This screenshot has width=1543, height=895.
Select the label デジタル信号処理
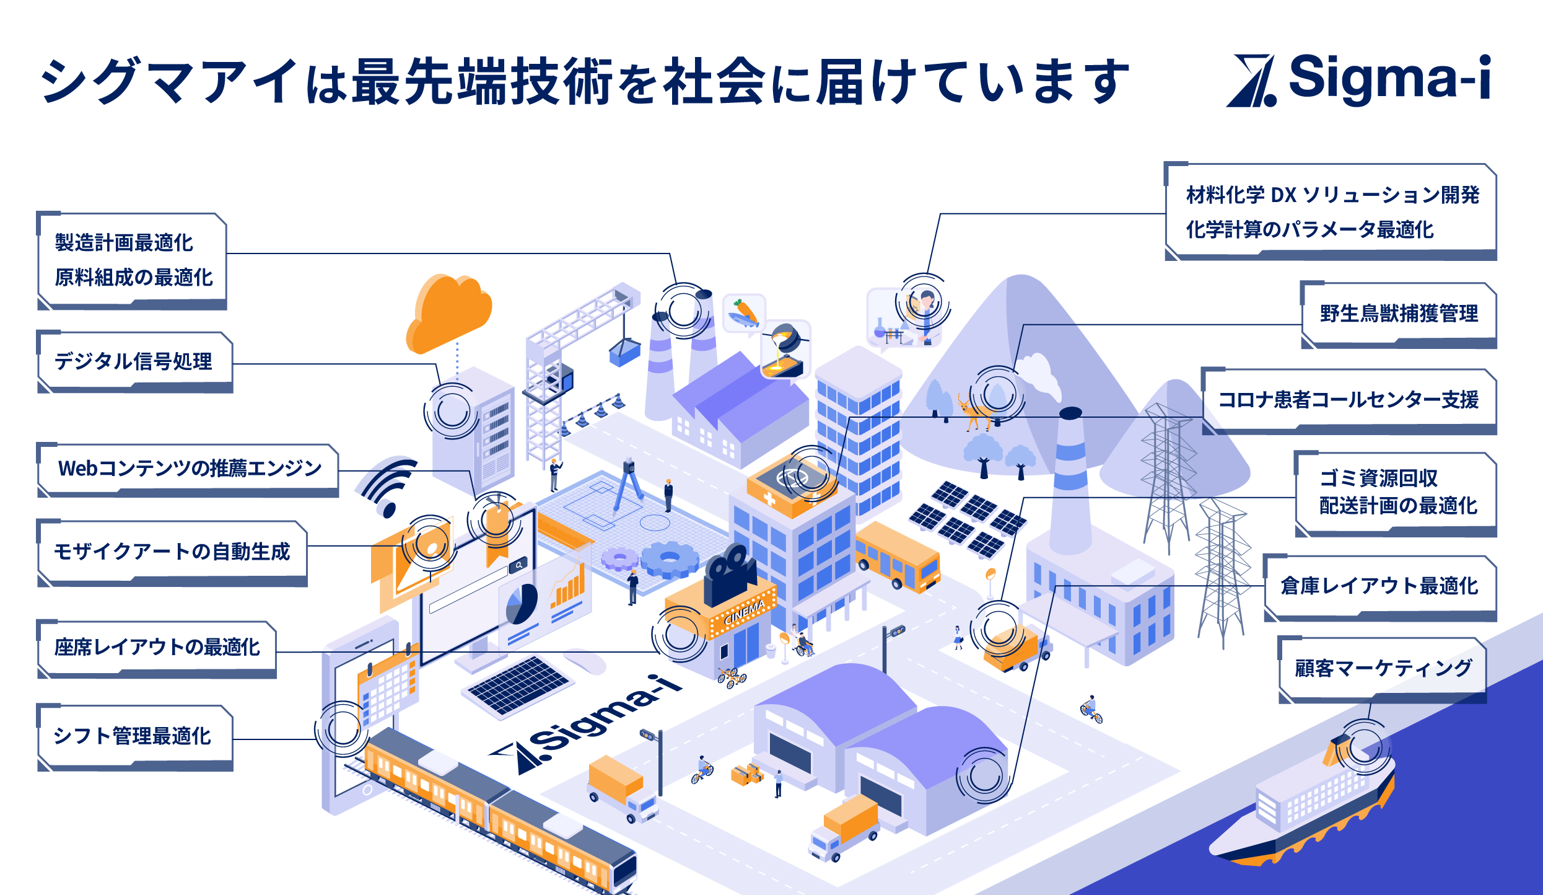[134, 361]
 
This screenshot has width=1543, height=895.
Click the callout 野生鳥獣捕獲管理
[1398, 314]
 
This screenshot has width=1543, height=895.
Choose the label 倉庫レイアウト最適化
[1379, 586]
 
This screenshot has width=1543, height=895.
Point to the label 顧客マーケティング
[1383, 668]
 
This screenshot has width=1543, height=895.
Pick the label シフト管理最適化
[133, 736]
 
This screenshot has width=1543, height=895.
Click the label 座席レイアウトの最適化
[157, 647]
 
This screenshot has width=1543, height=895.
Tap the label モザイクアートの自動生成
[172, 552]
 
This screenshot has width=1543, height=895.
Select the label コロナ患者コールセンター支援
[1348, 400]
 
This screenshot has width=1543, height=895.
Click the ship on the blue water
[1307, 806]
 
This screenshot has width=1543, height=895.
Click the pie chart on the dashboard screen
[521, 604]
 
